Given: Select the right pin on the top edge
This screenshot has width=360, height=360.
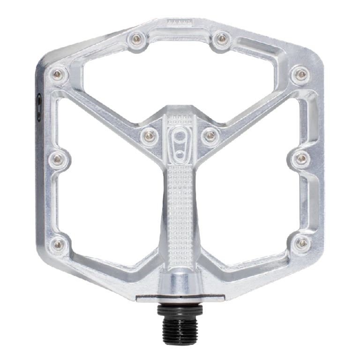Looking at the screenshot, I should (x=220, y=38).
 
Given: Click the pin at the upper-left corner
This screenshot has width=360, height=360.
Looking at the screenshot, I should (x=58, y=74).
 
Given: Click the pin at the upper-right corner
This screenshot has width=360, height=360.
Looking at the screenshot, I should (x=300, y=74).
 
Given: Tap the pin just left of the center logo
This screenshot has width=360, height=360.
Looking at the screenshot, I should (x=150, y=135).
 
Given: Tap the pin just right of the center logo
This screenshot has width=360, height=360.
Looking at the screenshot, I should (x=210, y=135).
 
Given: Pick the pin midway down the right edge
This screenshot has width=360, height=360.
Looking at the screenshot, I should (x=300, y=158).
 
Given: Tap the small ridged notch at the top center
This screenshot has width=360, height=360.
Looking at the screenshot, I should (x=180, y=22).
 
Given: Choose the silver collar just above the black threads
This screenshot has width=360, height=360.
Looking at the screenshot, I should (x=180, y=286).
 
